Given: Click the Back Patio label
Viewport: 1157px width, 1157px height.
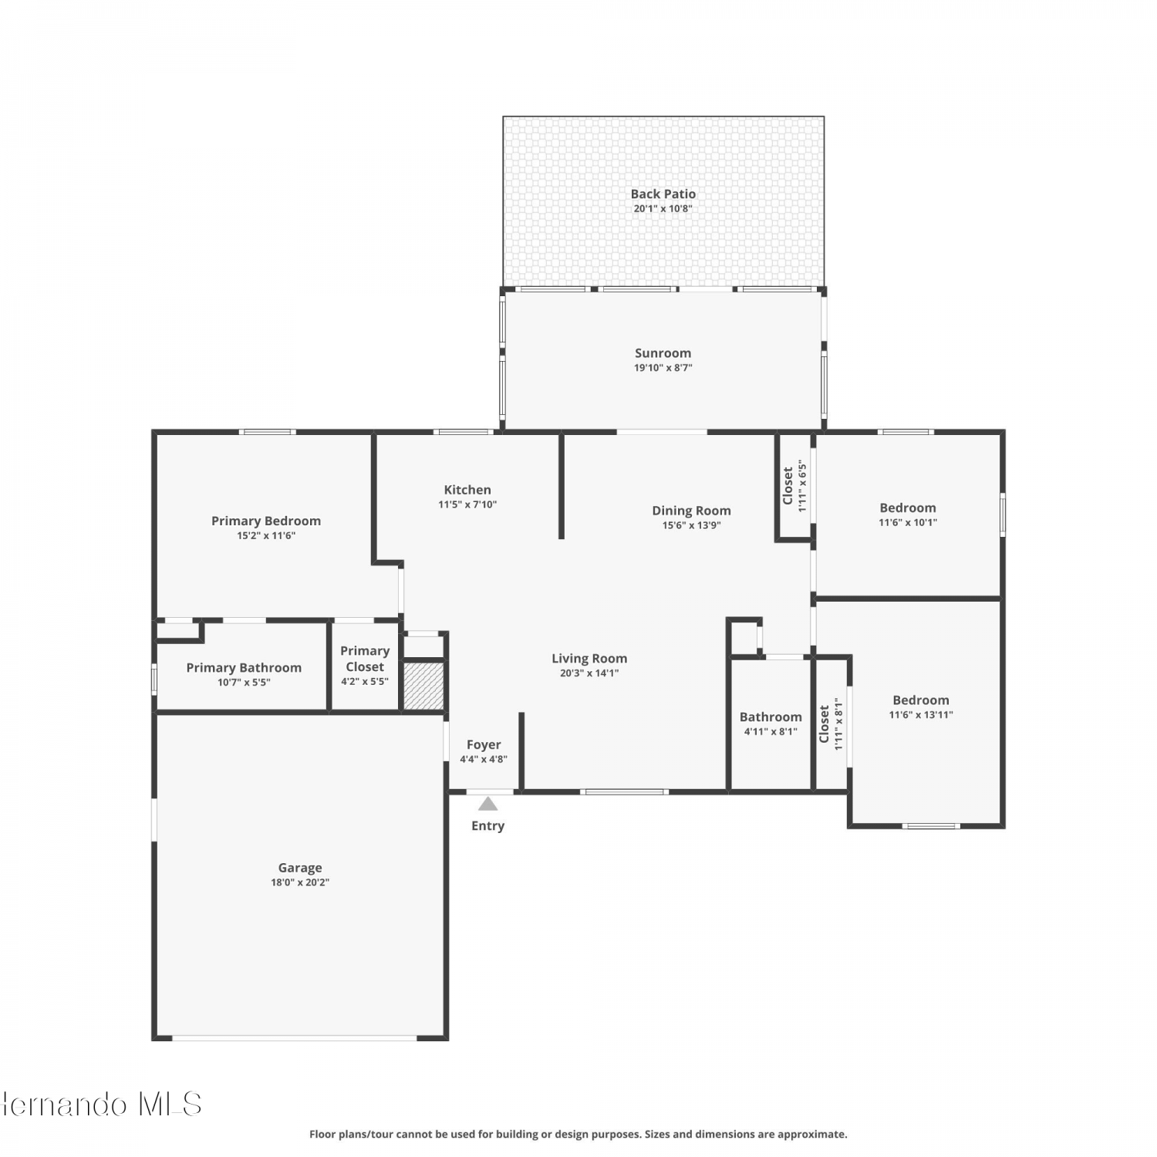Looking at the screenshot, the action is [663, 194].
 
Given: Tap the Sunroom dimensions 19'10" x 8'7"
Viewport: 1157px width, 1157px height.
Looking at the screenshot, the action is [663, 368].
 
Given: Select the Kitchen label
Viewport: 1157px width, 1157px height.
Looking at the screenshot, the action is [467, 490].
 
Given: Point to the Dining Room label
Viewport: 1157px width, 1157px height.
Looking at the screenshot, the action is [691, 511].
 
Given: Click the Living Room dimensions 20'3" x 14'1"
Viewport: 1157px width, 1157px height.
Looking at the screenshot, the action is [589, 673].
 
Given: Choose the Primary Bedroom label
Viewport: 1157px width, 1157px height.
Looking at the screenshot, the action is [266, 521].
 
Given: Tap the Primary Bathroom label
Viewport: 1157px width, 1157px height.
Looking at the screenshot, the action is [244, 668].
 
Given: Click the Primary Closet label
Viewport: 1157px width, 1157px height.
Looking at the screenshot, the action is [365, 659].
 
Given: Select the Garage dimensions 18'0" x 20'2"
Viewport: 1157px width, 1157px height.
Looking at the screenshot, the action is [300, 882].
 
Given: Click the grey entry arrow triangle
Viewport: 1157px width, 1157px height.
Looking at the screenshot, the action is [487, 805].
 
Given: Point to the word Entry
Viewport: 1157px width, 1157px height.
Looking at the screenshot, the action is [487, 826].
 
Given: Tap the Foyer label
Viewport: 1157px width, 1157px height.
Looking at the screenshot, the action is [484, 745].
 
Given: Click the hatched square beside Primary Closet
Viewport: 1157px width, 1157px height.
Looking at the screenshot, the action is [423, 685].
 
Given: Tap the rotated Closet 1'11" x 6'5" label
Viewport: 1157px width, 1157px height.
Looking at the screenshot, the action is [794, 486].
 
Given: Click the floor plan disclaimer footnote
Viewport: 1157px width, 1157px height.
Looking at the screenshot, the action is [578, 1134].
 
